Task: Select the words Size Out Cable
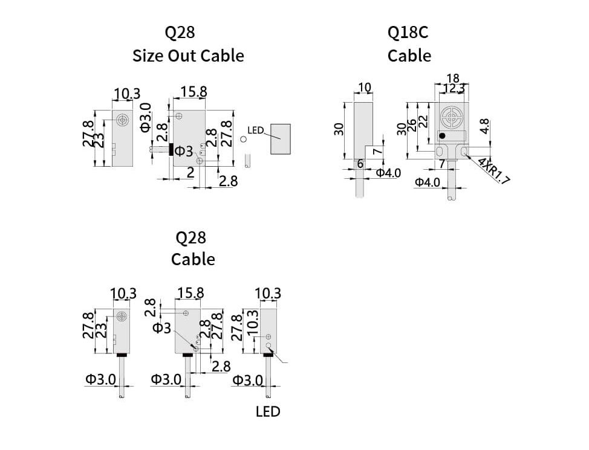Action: click(x=188, y=56)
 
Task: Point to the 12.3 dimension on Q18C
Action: click(x=454, y=89)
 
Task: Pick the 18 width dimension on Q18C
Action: click(x=452, y=78)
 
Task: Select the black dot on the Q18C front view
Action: click(x=443, y=135)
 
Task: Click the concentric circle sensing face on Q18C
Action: click(x=451, y=116)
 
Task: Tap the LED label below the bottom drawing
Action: click(x=268, y=411)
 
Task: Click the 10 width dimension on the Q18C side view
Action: click(x=364, y=88)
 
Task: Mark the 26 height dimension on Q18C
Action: click(x=412, y=125)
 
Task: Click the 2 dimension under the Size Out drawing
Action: click(x=190, y=173)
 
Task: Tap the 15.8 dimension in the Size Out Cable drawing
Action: click(x=194, y=92)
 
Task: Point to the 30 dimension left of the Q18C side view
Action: click(x=339, y=129)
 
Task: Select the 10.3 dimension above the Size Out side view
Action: click(x=127, y=94)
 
